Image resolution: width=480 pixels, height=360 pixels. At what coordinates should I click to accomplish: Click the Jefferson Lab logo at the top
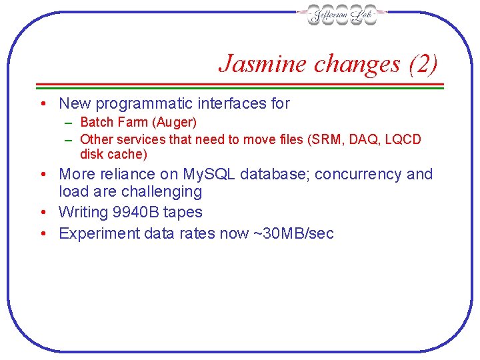coord(342,15)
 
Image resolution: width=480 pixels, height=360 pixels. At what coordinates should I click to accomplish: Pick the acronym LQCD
coord(403,139)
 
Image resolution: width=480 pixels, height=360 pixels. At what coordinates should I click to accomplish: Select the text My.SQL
coord(206,174)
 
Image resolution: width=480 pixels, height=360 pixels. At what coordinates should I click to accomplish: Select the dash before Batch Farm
coord(69,123)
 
